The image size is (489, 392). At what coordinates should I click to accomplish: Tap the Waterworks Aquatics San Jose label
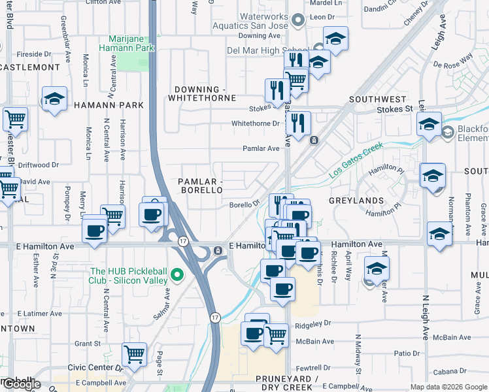coord(250,21)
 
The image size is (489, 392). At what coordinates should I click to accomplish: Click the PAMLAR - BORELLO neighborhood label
coord(201,185)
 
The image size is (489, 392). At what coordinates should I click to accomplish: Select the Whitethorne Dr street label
coord(256,123)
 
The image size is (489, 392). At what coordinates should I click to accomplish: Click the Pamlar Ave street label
coord(261,148)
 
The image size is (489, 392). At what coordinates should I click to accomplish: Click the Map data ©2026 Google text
coord(448,387)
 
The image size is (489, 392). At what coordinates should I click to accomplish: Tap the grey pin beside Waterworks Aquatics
coord(299,21)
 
